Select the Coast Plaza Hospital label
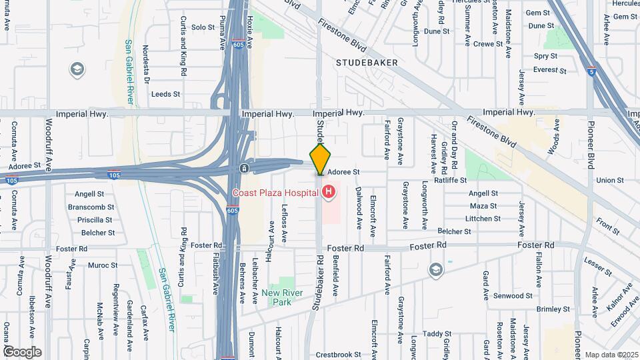tap(275, 193)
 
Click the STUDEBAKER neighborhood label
tap(367, 62)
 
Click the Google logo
tap(22, 351)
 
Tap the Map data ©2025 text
tap(611, 355)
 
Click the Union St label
tap(609, 180)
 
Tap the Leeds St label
tap(166, 95)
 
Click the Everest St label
tap(550, 70)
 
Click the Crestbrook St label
tap(338, 355)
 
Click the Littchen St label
tap(483, 218)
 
